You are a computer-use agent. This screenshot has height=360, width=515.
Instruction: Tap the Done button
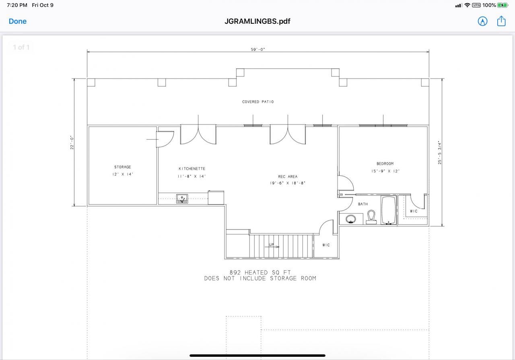(x=18, y=21)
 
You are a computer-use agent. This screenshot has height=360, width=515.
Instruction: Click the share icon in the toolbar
(x=501, y=21)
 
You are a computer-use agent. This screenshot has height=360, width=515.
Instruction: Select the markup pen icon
(x=482, y=21)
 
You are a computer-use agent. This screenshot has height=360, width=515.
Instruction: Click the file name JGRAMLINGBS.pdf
(x=257, y=21)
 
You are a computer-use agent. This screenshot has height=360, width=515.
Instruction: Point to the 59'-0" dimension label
(x=258, y=50)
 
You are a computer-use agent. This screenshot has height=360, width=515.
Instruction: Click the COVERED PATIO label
(x=258, y=102)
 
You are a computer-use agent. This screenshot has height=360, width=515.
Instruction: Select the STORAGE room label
(x=122, y=167)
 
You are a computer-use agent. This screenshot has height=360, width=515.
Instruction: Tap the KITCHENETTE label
(x=192, y=169)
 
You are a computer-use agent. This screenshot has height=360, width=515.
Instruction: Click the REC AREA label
(x=288, y=177)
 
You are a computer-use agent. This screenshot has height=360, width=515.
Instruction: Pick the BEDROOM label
(x=385, y=164)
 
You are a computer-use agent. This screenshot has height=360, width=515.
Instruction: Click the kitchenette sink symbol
(x=182, y=199)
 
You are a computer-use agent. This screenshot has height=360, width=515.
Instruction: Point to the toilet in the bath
(x=371, y=217)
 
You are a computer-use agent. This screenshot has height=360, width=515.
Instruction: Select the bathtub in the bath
(x=389, y=210)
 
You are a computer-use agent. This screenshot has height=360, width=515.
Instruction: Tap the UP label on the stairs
(x=271, y=245)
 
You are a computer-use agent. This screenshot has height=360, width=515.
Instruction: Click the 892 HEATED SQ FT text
(x=260, y=273)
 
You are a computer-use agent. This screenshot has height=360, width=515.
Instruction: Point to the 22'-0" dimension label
(x=72, y=143)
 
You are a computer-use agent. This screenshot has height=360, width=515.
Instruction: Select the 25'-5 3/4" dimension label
(x=440, y=152)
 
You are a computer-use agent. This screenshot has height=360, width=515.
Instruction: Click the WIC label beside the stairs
(x=326, y=245)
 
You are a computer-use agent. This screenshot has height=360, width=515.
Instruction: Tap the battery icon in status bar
(x=503, y=5)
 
